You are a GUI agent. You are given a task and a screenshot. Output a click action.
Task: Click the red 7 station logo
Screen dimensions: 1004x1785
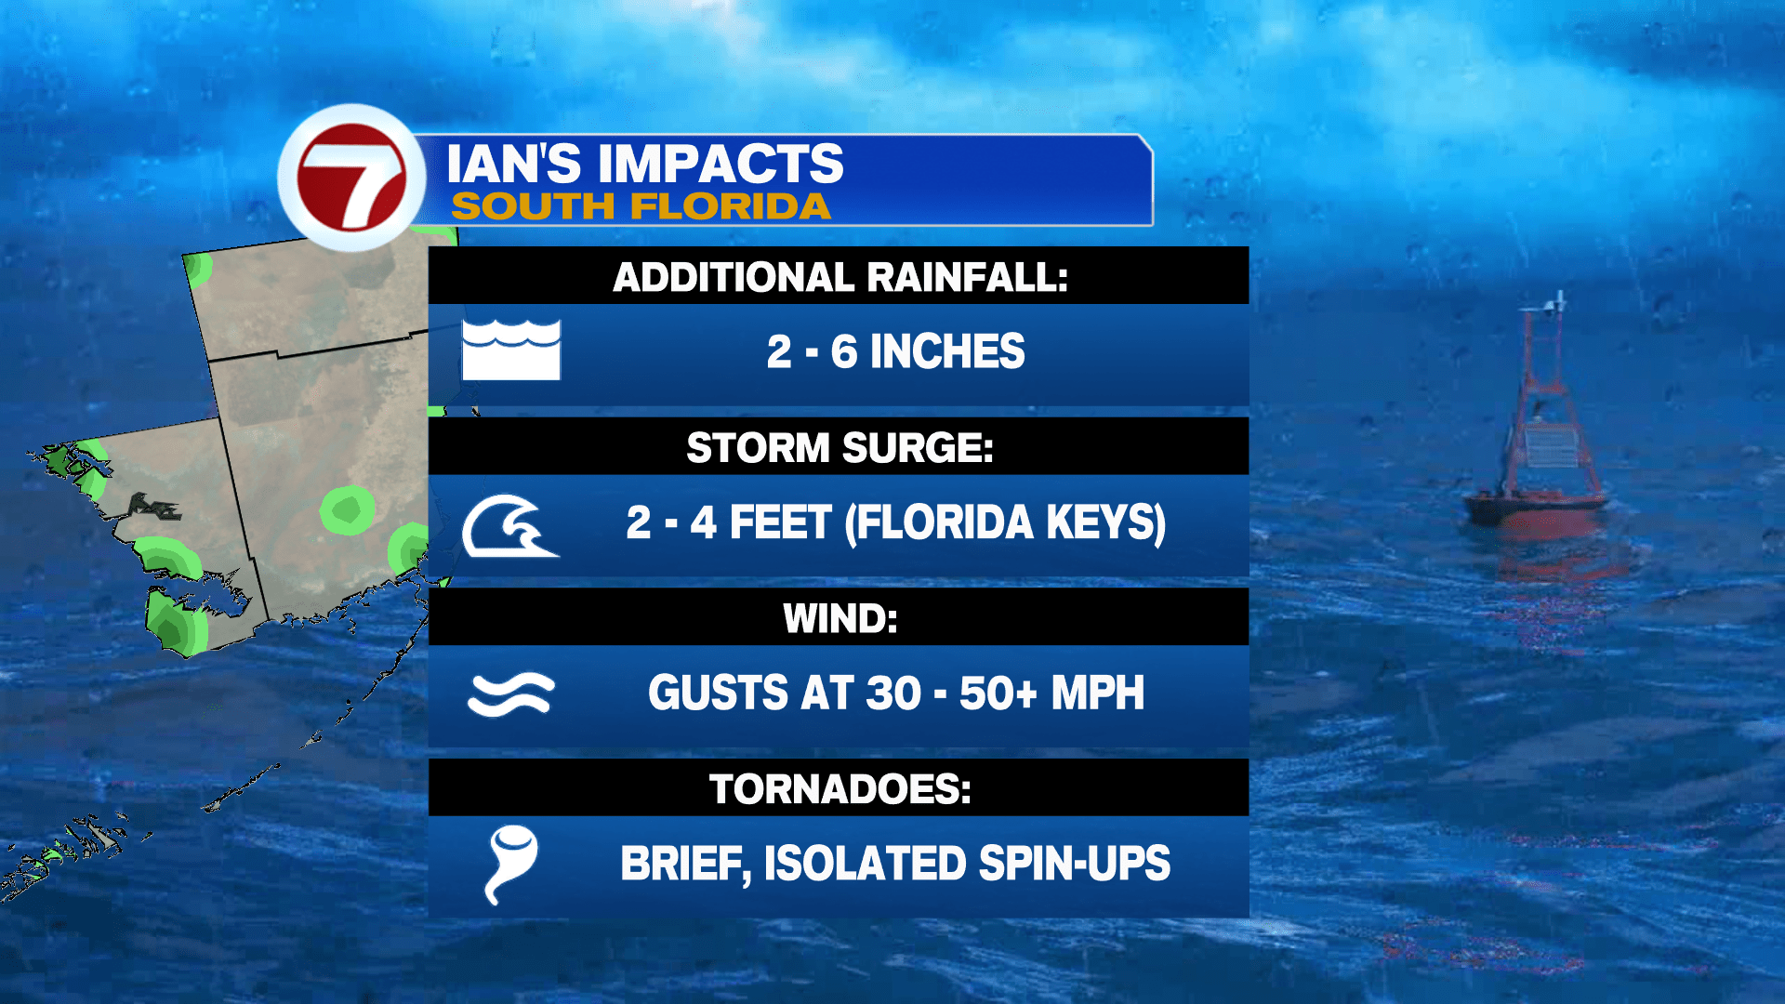pos(351,177)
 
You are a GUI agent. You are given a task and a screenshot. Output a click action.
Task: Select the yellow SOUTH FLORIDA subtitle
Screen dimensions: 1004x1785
pos(641,206)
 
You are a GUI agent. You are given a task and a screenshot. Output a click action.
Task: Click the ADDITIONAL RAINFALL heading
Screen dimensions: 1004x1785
pos(840,277)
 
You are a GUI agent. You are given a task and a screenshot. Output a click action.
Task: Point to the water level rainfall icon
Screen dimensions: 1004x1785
pos(511,350)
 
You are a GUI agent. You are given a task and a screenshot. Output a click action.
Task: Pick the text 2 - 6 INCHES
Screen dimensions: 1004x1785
pos(895,351)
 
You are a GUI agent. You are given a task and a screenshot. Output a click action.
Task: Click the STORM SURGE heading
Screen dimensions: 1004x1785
pos(840,448)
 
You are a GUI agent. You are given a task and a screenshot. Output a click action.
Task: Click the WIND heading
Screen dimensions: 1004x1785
pos(840,619)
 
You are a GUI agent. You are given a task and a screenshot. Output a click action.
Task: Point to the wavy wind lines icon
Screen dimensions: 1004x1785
pos(510,694)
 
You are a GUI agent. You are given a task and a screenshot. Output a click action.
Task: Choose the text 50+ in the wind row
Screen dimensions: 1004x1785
pos(998,694)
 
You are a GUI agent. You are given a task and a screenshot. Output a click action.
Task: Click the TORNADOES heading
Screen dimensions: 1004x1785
pos(840,789)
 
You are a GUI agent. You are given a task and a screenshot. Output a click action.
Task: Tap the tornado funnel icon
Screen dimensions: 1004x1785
pos(510,863)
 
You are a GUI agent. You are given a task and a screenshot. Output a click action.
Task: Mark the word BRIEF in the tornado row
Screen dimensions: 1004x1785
pos(685,864)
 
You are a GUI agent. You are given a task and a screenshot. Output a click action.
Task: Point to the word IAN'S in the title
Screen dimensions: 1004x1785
pos(514,164)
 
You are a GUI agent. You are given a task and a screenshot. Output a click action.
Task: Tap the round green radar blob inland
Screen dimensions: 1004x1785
pos(348,509)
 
